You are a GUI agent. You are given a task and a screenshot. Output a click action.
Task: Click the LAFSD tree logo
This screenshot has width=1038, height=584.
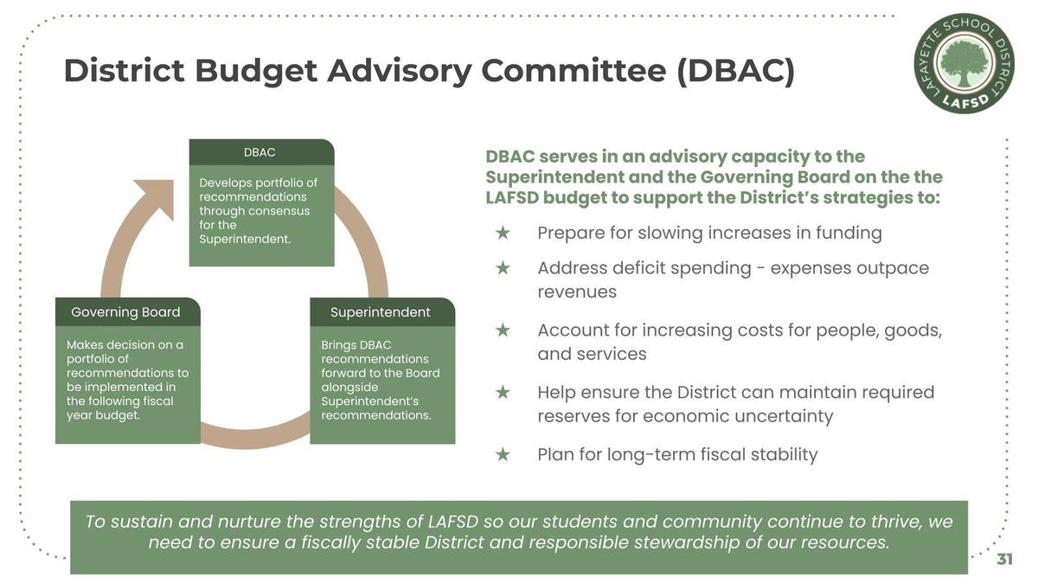964,63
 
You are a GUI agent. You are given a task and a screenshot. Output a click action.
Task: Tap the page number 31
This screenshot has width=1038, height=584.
1004,560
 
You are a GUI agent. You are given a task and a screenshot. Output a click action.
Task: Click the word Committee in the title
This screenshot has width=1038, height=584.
573,70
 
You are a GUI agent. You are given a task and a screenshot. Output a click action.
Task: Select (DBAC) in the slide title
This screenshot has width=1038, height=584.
736,71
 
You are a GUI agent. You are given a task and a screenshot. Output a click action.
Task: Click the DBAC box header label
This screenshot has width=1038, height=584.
259,152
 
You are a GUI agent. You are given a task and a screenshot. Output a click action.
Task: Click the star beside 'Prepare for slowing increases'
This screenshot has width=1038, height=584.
503,233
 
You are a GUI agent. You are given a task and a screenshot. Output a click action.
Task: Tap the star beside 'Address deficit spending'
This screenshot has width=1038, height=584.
503,268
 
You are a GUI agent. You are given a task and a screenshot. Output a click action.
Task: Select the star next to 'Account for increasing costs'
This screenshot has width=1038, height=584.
503,330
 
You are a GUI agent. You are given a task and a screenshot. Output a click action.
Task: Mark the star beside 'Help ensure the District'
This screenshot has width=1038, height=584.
503,392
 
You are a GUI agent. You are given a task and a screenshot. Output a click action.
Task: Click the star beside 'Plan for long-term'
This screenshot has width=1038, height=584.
503,454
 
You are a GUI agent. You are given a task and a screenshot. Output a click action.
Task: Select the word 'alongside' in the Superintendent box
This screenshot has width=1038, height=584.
349,388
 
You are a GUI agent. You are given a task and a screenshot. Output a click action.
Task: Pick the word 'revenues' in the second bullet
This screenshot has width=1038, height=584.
578,292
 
